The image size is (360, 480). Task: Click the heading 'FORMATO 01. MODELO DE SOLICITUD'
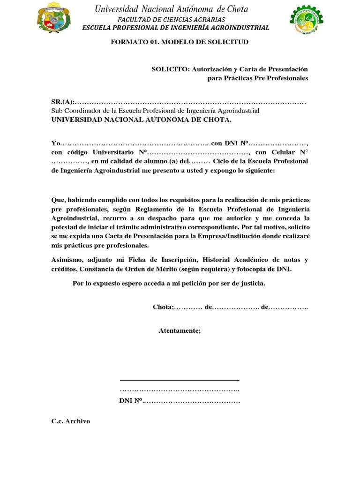tap(180, 42)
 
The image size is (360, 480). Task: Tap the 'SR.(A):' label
tap(63, 103)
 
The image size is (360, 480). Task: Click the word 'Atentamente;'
tap(180, 330)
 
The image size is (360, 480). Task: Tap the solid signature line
tap(180, 380)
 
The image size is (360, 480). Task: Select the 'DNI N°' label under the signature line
tap(131, 401)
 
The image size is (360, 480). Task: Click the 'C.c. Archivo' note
tap(70, 421)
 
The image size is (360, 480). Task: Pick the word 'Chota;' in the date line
tap(163, 307)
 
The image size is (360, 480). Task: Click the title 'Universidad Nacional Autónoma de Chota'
tap(171, 9)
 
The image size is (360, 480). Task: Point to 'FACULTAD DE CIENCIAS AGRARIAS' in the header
tap(171, 20)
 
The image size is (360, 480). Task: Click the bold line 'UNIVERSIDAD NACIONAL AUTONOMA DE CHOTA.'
tap(141, 120)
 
